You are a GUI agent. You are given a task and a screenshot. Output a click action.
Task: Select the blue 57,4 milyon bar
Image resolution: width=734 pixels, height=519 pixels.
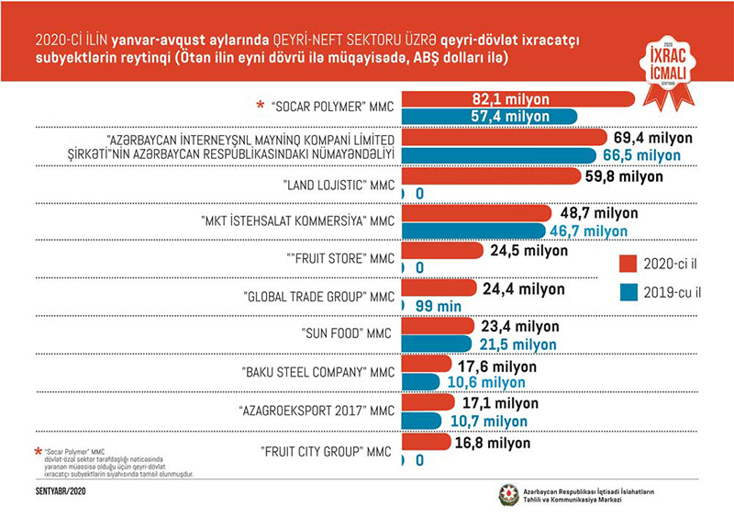tap(487, 116)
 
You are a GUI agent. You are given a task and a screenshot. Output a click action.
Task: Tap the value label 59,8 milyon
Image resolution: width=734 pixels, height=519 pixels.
tap(632, 175)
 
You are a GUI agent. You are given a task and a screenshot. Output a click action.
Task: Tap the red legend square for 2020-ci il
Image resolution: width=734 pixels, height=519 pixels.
tap(628, 264)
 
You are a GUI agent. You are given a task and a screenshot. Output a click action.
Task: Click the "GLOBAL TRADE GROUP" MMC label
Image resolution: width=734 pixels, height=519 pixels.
tap(317, 297)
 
